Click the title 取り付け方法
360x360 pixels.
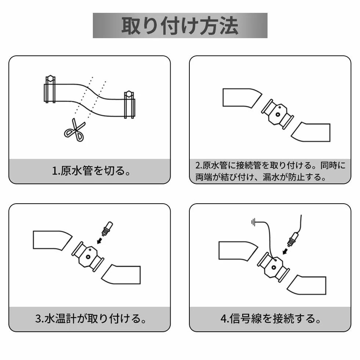click(x=180, y=25)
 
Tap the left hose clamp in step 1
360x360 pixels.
click(x=50, y=89)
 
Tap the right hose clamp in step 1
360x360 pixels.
click(x=129, y=105)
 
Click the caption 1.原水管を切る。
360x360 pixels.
click(x=91, y=171)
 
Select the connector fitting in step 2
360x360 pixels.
click(x=277, y=114)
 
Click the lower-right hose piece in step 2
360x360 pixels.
click(x=311, y=132)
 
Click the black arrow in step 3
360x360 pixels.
click(x=100, y=240)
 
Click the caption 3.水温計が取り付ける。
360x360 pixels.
click(x=91, y=319)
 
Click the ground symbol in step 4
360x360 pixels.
click(x=253, y=222)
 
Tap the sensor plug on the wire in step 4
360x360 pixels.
click(x=293, y=240)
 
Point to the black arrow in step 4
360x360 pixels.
click(x=286, y=251)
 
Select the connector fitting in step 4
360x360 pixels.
click(x=273, y=267)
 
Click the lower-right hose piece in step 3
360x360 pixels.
click(x=121, y=274)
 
